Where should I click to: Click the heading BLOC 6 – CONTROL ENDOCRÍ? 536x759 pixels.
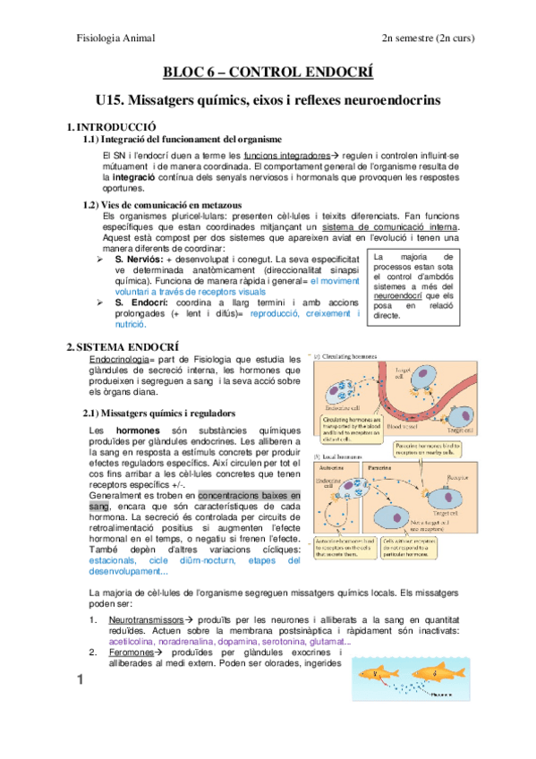pos(268,73)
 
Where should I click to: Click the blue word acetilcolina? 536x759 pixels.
pos(135,641)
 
